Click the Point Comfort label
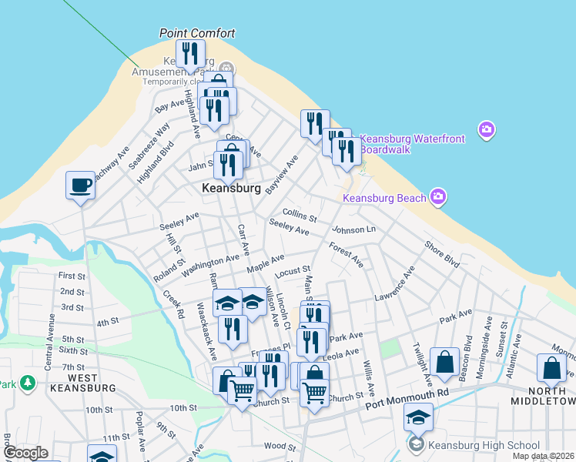[x=196, y=33]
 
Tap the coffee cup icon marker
[x=80, y=186]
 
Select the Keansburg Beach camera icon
[x=437, y=197]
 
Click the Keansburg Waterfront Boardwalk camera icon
[x=486, y=129]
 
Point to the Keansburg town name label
[x=230, y=188]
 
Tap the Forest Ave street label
[x=346, y=255]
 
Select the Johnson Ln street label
[x=353, y=229]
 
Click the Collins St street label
[x=300, y=214]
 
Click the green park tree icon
[x=27, y=382]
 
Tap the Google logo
[x=25, y=453]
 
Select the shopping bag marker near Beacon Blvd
[x=445, y=362]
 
